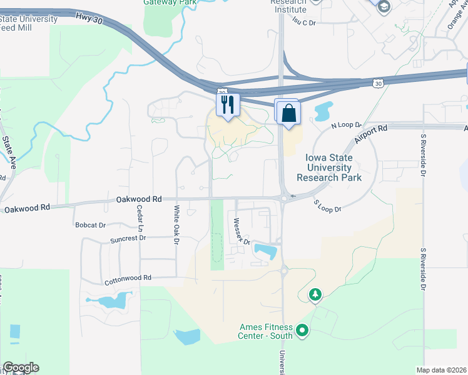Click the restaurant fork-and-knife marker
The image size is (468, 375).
(x=228, y=104)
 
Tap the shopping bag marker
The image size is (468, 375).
(x=288, y=113)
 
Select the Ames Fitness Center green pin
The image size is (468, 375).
(x=302, y=329)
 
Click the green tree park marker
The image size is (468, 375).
(x=316, y=294)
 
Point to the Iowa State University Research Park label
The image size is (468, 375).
(x=329, y=167)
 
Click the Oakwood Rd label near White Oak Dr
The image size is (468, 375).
(x=139, y=199)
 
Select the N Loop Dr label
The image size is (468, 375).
(x=343, y=126)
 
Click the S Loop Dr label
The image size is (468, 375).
(x=327, y=206)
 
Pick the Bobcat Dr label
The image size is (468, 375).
(x=90, y=225)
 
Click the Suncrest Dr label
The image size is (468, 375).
(x=128, y=238)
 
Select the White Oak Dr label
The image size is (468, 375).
(x=176, y=224)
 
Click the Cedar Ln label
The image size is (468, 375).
(x=140, y=221)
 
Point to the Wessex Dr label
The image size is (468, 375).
(x=242, y=231)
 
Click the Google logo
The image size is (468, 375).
(x=21, y=367)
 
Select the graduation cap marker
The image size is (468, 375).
(x=383, y=6)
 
